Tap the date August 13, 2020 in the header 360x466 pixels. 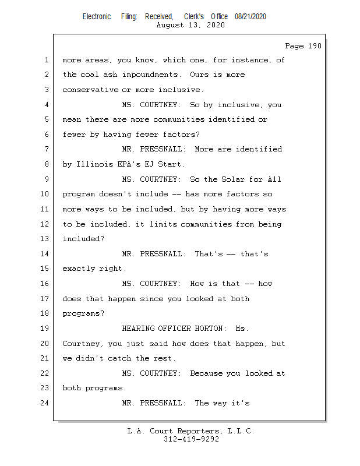pyautogui.click(x=190, y=25)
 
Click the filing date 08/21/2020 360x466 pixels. pyautogui.click(x=250, y=16)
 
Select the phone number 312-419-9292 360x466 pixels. pyautogui.click(x=191, y=439)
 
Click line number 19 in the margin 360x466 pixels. pyautogui.click(x=46, y=329)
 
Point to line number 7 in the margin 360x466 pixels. pyautogui.click(x=46, y=149)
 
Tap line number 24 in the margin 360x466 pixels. pyautogui.click(x=46, y=403)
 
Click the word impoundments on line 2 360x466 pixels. pyautogui.click(x=146, y=75)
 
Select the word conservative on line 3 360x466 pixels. pyautogui.click(x=90, y=90)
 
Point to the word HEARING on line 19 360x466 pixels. pyautogui.click(x=140, y=329)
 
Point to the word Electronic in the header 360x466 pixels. pyautogui.click(x=97, y=16)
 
